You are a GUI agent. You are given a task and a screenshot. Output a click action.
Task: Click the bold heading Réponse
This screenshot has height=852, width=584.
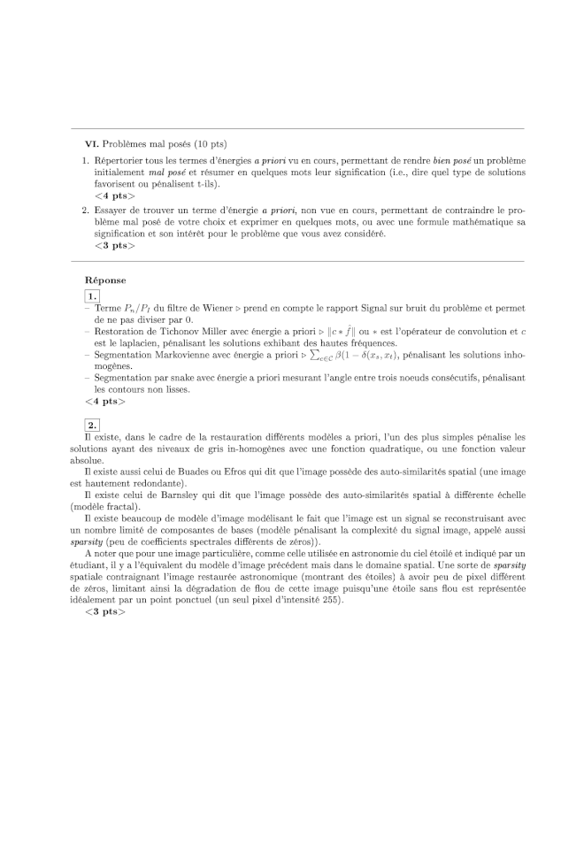point(105,280)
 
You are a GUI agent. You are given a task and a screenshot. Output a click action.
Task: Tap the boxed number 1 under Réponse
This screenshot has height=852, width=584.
point(92,295)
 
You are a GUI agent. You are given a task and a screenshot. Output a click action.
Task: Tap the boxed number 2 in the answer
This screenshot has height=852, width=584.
point(92,424)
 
